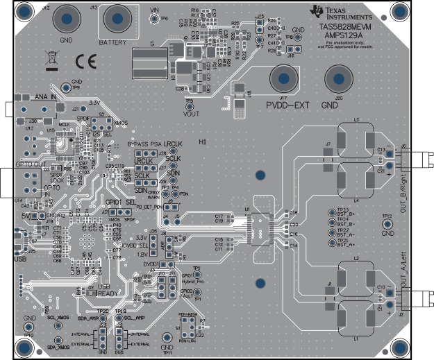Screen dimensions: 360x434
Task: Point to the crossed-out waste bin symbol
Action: pyautogui.click(x=52, y=60)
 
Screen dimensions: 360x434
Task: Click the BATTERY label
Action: pyautogui.click(x=112, y=42)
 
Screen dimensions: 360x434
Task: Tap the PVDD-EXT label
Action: pyautogui.click(x=285, y=105)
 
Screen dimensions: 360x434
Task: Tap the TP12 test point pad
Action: pyautogui.click(x=387, y=225)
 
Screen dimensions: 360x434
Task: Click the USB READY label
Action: pyautogui.click(x=106, y=289)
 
